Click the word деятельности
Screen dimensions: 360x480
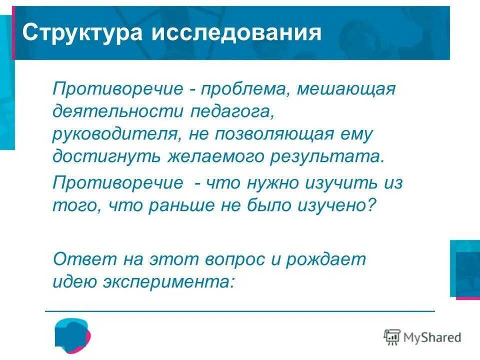pyautogui.click(x=117, y=112)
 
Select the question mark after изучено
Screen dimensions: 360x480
pyautogui.click(x=369, y=204)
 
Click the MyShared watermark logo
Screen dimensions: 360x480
pyautogui.click(x=422, y=337)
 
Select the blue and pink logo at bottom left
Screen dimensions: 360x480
pyautogui.click(x=72, y=333)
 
